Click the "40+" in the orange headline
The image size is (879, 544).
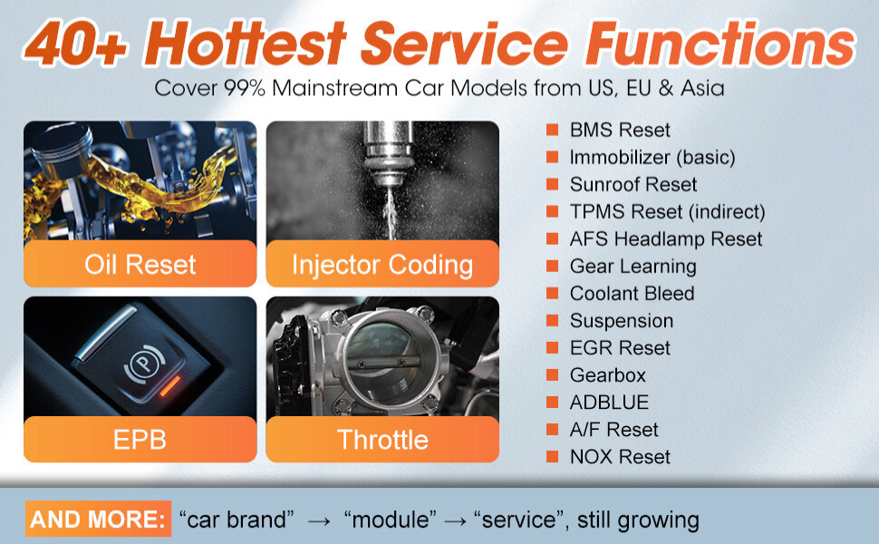coord(77,44)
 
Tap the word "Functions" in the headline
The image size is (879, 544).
coord(720,44)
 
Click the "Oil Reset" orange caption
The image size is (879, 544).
coord(140,264)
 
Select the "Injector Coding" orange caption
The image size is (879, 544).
coord(382,264)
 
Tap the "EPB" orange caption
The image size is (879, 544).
coord(140,439)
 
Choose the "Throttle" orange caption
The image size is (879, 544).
coord(382,439)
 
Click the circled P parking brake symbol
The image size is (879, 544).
coord(144,364)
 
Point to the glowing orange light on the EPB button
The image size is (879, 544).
coord(169,386)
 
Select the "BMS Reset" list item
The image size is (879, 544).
coord(620,131)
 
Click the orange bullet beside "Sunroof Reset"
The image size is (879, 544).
coord(552,185)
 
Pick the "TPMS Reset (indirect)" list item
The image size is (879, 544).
coord(667,212)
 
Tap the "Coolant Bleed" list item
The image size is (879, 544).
coord(632,294)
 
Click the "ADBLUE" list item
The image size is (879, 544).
coord(609,403)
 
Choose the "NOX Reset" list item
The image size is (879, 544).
coord(620,457)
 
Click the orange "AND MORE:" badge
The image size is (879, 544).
coord(98,519)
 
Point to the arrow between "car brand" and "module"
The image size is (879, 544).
coord(319,521)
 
